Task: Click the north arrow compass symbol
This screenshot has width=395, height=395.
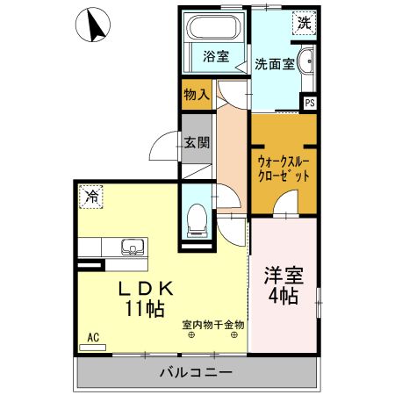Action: (95, 25)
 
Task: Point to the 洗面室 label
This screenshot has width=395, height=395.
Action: (273, 63)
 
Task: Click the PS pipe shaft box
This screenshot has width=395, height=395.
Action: (310, 103)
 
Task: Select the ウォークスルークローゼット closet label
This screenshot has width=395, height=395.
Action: (284, 168)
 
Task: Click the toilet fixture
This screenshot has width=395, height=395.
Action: (197, 218)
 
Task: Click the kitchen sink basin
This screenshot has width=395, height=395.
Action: (132, 247)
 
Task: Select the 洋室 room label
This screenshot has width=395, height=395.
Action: (283, 276)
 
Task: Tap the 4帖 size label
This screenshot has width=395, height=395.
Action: (283, 296)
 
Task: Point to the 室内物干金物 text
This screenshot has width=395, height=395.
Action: (213, 325)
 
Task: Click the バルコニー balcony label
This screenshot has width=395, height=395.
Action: (196, 373)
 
